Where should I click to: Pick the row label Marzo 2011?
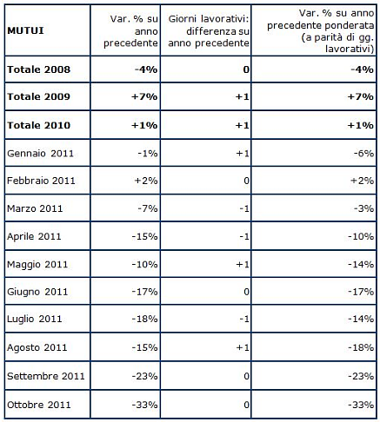(34, 208)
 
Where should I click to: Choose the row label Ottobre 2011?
(38, 404)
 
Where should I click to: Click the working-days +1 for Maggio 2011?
(245, 264)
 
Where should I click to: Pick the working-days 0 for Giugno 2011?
(248, 293)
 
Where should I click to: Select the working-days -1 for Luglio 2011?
(246, 320)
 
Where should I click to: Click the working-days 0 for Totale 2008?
(246, 69)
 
